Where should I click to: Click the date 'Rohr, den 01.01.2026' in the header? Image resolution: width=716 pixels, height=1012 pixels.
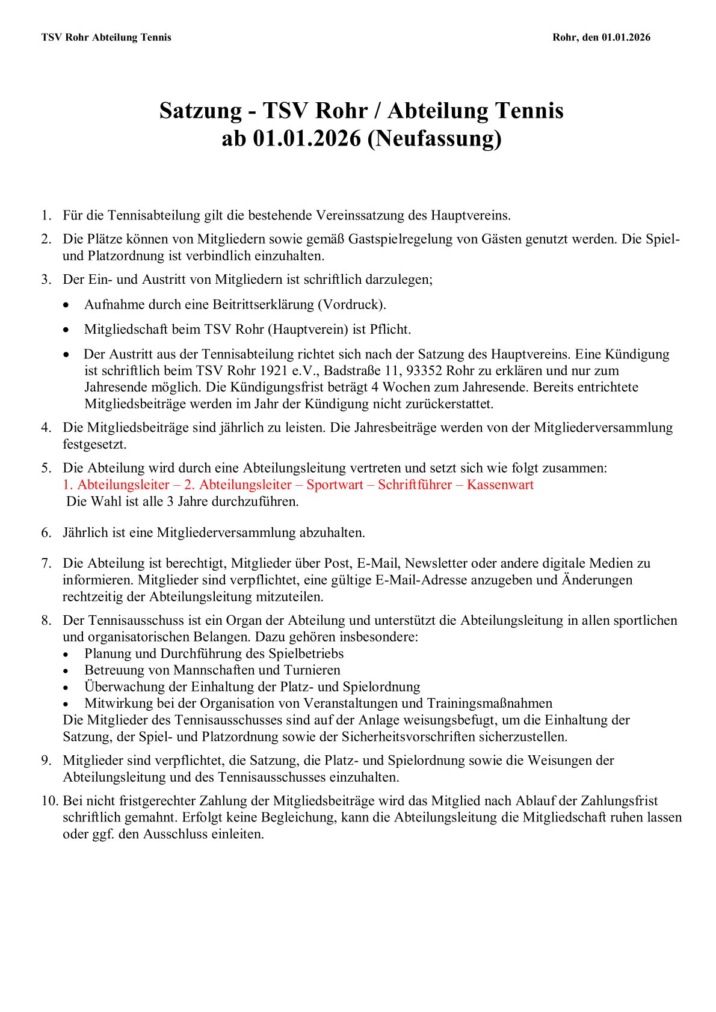pos(601,37)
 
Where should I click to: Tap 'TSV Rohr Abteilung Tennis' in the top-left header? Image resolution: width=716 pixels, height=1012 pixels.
pos(106,37)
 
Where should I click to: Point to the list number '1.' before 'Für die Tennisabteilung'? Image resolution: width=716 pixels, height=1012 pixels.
pos(46,215)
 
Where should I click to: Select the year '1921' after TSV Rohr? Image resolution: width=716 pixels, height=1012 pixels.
pos(271,370)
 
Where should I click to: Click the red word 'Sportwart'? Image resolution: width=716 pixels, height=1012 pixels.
pos(335,485)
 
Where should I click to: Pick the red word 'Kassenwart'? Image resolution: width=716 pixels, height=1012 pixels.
pos(500,485)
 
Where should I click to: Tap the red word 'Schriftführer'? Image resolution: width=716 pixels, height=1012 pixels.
pos(415,485)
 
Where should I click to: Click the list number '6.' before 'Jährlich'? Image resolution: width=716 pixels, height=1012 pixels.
pos(46,532)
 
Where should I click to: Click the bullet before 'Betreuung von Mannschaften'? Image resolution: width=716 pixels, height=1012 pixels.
pos(66,670)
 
